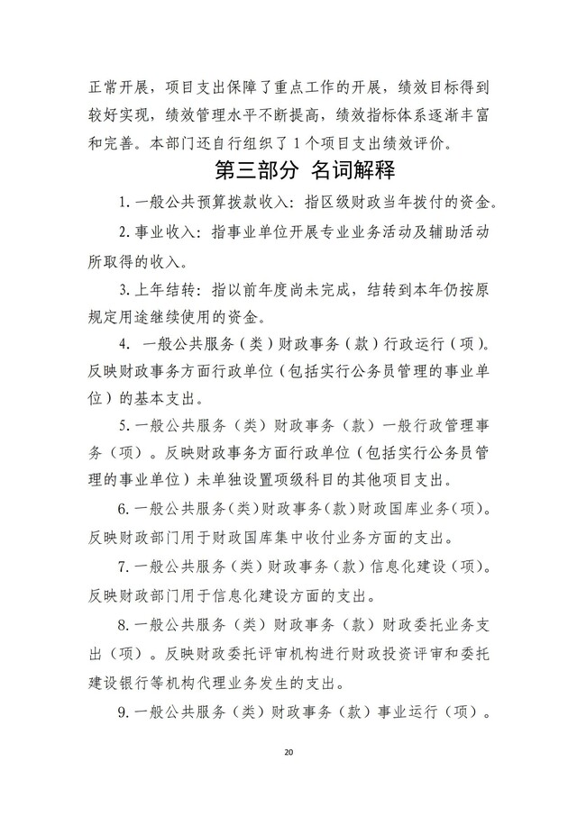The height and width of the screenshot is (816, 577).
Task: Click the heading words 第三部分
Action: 249,168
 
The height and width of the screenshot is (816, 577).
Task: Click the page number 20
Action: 288,751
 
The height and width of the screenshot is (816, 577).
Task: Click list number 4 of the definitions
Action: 123,344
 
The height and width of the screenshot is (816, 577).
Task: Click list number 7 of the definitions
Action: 123,568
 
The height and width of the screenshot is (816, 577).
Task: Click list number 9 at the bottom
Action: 123,709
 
